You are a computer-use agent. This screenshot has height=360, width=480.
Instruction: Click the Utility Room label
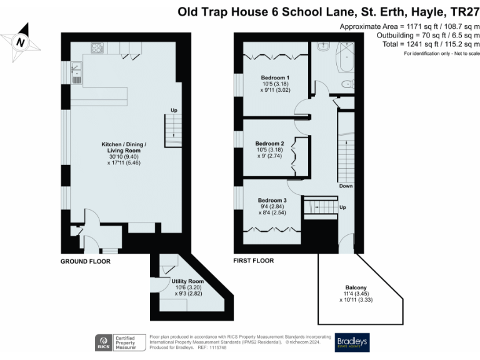(x=188, y=287)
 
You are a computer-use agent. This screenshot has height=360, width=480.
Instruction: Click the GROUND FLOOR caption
(x=86, y=261)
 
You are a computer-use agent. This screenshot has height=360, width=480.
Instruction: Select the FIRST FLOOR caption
(x=254, y=261)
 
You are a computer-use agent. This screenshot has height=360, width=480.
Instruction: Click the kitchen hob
(x=97, y=47)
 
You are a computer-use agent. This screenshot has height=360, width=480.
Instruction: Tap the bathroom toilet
(x=346, y=84)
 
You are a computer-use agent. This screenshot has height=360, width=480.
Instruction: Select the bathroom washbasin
(x=323, y=47)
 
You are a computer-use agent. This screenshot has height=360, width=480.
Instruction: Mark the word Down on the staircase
(x=346, y=186)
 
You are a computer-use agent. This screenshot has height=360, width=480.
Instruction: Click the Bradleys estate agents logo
(x=352, y=341)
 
